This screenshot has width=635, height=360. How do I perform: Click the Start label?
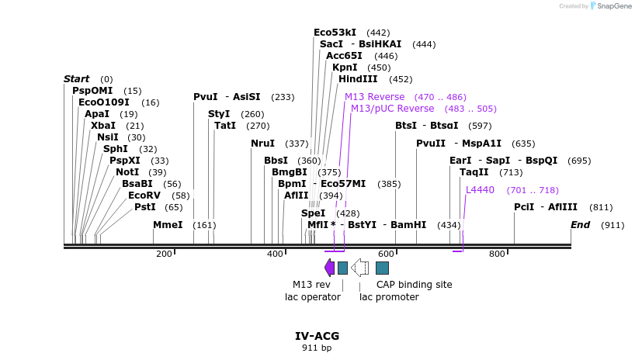pyautogui.click(x=76, y=79)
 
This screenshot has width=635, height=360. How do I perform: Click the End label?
pyautogui.click(x=580, y=225)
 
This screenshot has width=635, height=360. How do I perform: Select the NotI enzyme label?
pyautogui.click(x=130, y=172)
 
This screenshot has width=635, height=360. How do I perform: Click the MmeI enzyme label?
pyautogui.click(x=168, y=225)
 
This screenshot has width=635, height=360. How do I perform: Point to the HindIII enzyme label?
pyautogui.click(x=358, y=79)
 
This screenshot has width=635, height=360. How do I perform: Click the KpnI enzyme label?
pyautogui.click(x=345, y=67)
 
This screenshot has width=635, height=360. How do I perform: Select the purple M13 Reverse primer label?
pyautogui.click(x=375, y=97)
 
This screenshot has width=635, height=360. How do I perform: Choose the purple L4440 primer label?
pyautogui.click(x=480, y=190)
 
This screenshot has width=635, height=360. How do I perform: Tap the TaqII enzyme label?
pyautogui.click(x=474, y=172)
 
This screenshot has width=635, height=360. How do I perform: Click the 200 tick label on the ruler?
pyautogui.click(x=164, y=254)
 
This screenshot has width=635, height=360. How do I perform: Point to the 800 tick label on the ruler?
pyautogui.click(x=497, y=254)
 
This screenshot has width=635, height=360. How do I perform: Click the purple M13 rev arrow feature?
pyautogui.click(x=329, y=268)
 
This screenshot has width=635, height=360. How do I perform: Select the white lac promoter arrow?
pyautogui.click(x=359, y=268)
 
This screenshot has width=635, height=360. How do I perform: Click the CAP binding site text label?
pyautogui.click(x=414, y=285)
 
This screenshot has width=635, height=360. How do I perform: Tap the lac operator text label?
pyautogui.click(x=313, y=297)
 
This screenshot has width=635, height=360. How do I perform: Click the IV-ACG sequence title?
pyautogui.click(x=317, y=336)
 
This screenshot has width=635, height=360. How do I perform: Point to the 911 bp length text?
pyautogui.click(x=317, y=348)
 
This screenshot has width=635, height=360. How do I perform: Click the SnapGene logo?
pyautogui.click(x=611, y=6)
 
